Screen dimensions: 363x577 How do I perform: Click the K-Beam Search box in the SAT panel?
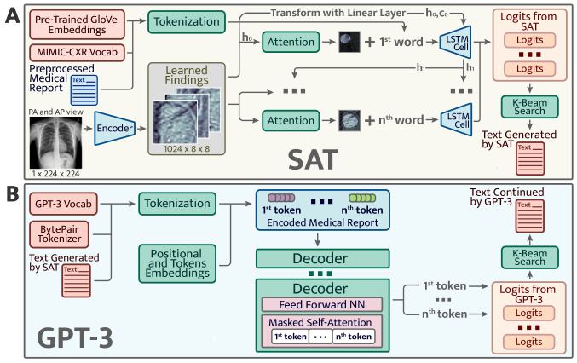click(x=533, y=105)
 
